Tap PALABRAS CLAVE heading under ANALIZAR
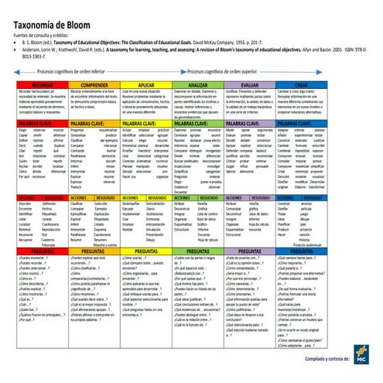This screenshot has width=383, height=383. coord(217,123)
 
